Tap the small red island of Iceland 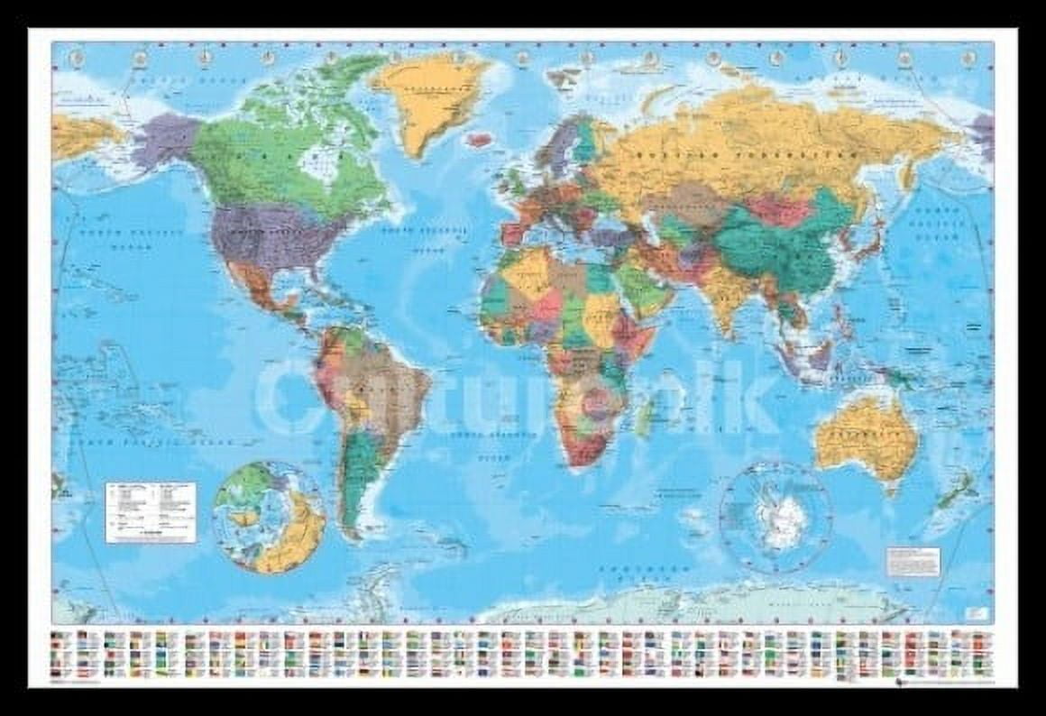click(480, 141)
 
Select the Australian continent click(866, 437)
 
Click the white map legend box click(151, 512)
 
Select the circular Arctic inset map click(270, 518)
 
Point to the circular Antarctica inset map click(775, 518)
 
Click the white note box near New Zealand click(913, 561)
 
